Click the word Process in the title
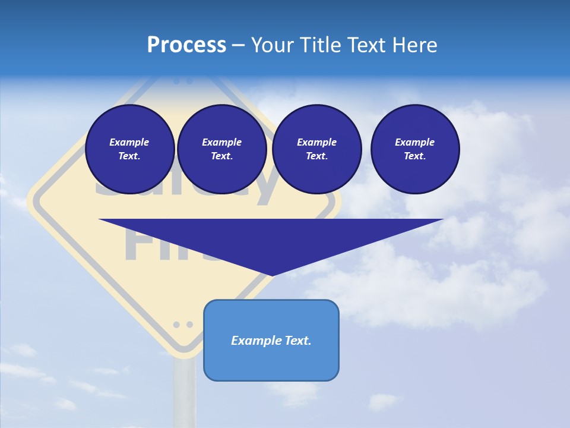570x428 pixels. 186,45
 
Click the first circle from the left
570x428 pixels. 129,149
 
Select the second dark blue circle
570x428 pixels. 221,149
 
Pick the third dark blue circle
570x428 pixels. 316,149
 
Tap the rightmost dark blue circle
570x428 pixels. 414,149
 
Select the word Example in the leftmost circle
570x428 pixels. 129,142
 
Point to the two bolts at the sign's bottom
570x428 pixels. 183,325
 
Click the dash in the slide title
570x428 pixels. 238,45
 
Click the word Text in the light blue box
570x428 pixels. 297,341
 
